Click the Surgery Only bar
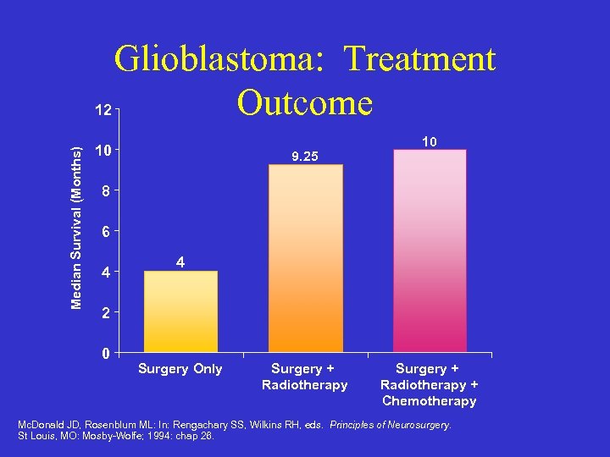tap(180, 311)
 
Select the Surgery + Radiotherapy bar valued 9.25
tap(306, 258)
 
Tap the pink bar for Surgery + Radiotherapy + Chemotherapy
tap(430, 251)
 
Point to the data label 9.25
tap(305, 157)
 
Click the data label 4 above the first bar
tap(180, 263)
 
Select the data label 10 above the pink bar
tap(430, 142)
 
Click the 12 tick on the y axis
tap(103, 110)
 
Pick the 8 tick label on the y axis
tap(103, 192)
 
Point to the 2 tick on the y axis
tap(103, 313)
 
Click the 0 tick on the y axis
tap(103, 354)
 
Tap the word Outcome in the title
tap(305, 102)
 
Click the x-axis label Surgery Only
tap(180, 369)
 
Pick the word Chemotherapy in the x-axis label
tap(430, 401)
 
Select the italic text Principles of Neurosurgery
tap(391, 425)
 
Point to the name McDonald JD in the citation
tap(47, 425)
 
